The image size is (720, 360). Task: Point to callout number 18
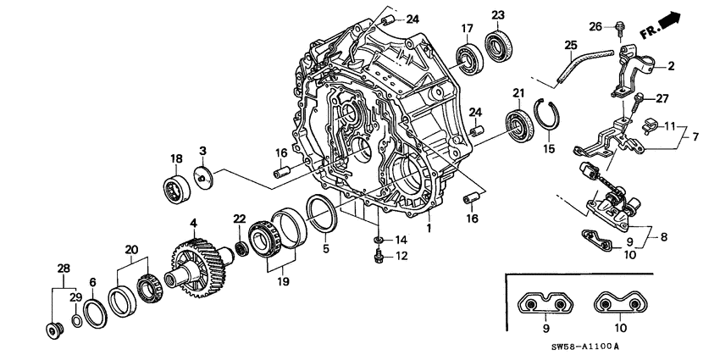(x=176, y=158)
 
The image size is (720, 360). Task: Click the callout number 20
(x=130, y=250)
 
